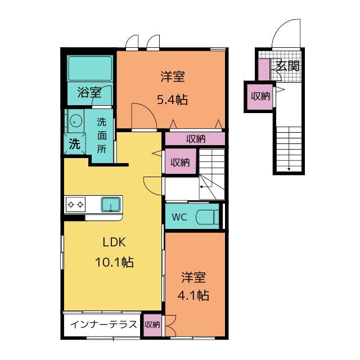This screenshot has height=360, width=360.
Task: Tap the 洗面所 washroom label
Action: [x=102, y=135]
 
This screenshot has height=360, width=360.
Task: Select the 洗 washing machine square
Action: [x=74, y=144]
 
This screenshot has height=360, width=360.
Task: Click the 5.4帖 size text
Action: [x=172, y=100]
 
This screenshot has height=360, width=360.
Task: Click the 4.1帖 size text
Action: [x=193, y=295]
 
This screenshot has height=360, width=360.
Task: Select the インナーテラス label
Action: [x=103, y=325]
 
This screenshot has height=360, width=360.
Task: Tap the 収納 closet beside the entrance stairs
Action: [x=260, y=96]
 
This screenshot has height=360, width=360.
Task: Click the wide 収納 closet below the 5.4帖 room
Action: [x=195, y=138]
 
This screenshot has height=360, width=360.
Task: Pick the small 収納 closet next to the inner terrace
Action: [x=152, y=325]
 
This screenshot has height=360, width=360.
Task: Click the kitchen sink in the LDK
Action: [x=111, y=204]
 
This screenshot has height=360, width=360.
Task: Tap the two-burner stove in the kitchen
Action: [x=75, y=204]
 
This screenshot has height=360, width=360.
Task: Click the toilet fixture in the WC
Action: [x=209, y=217]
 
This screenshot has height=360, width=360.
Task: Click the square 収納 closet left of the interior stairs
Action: [x=179, y=163]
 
